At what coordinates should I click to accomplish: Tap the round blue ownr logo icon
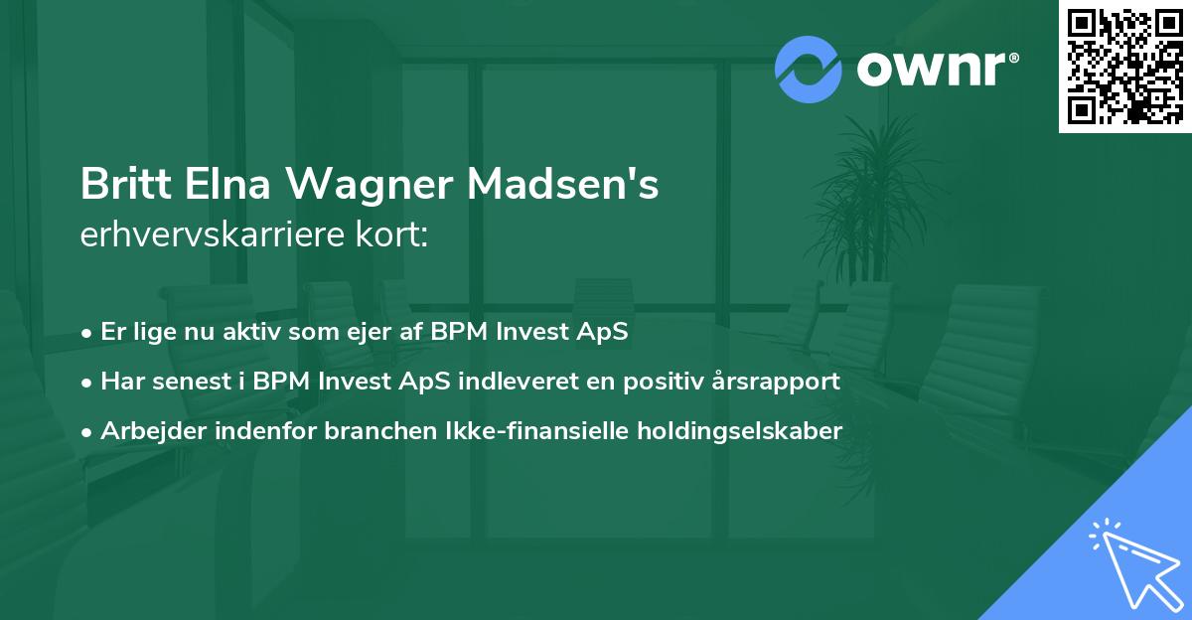coord(809,70)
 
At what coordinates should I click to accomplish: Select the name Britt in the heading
coord(114,185)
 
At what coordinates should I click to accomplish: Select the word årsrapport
coord(779,381)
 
